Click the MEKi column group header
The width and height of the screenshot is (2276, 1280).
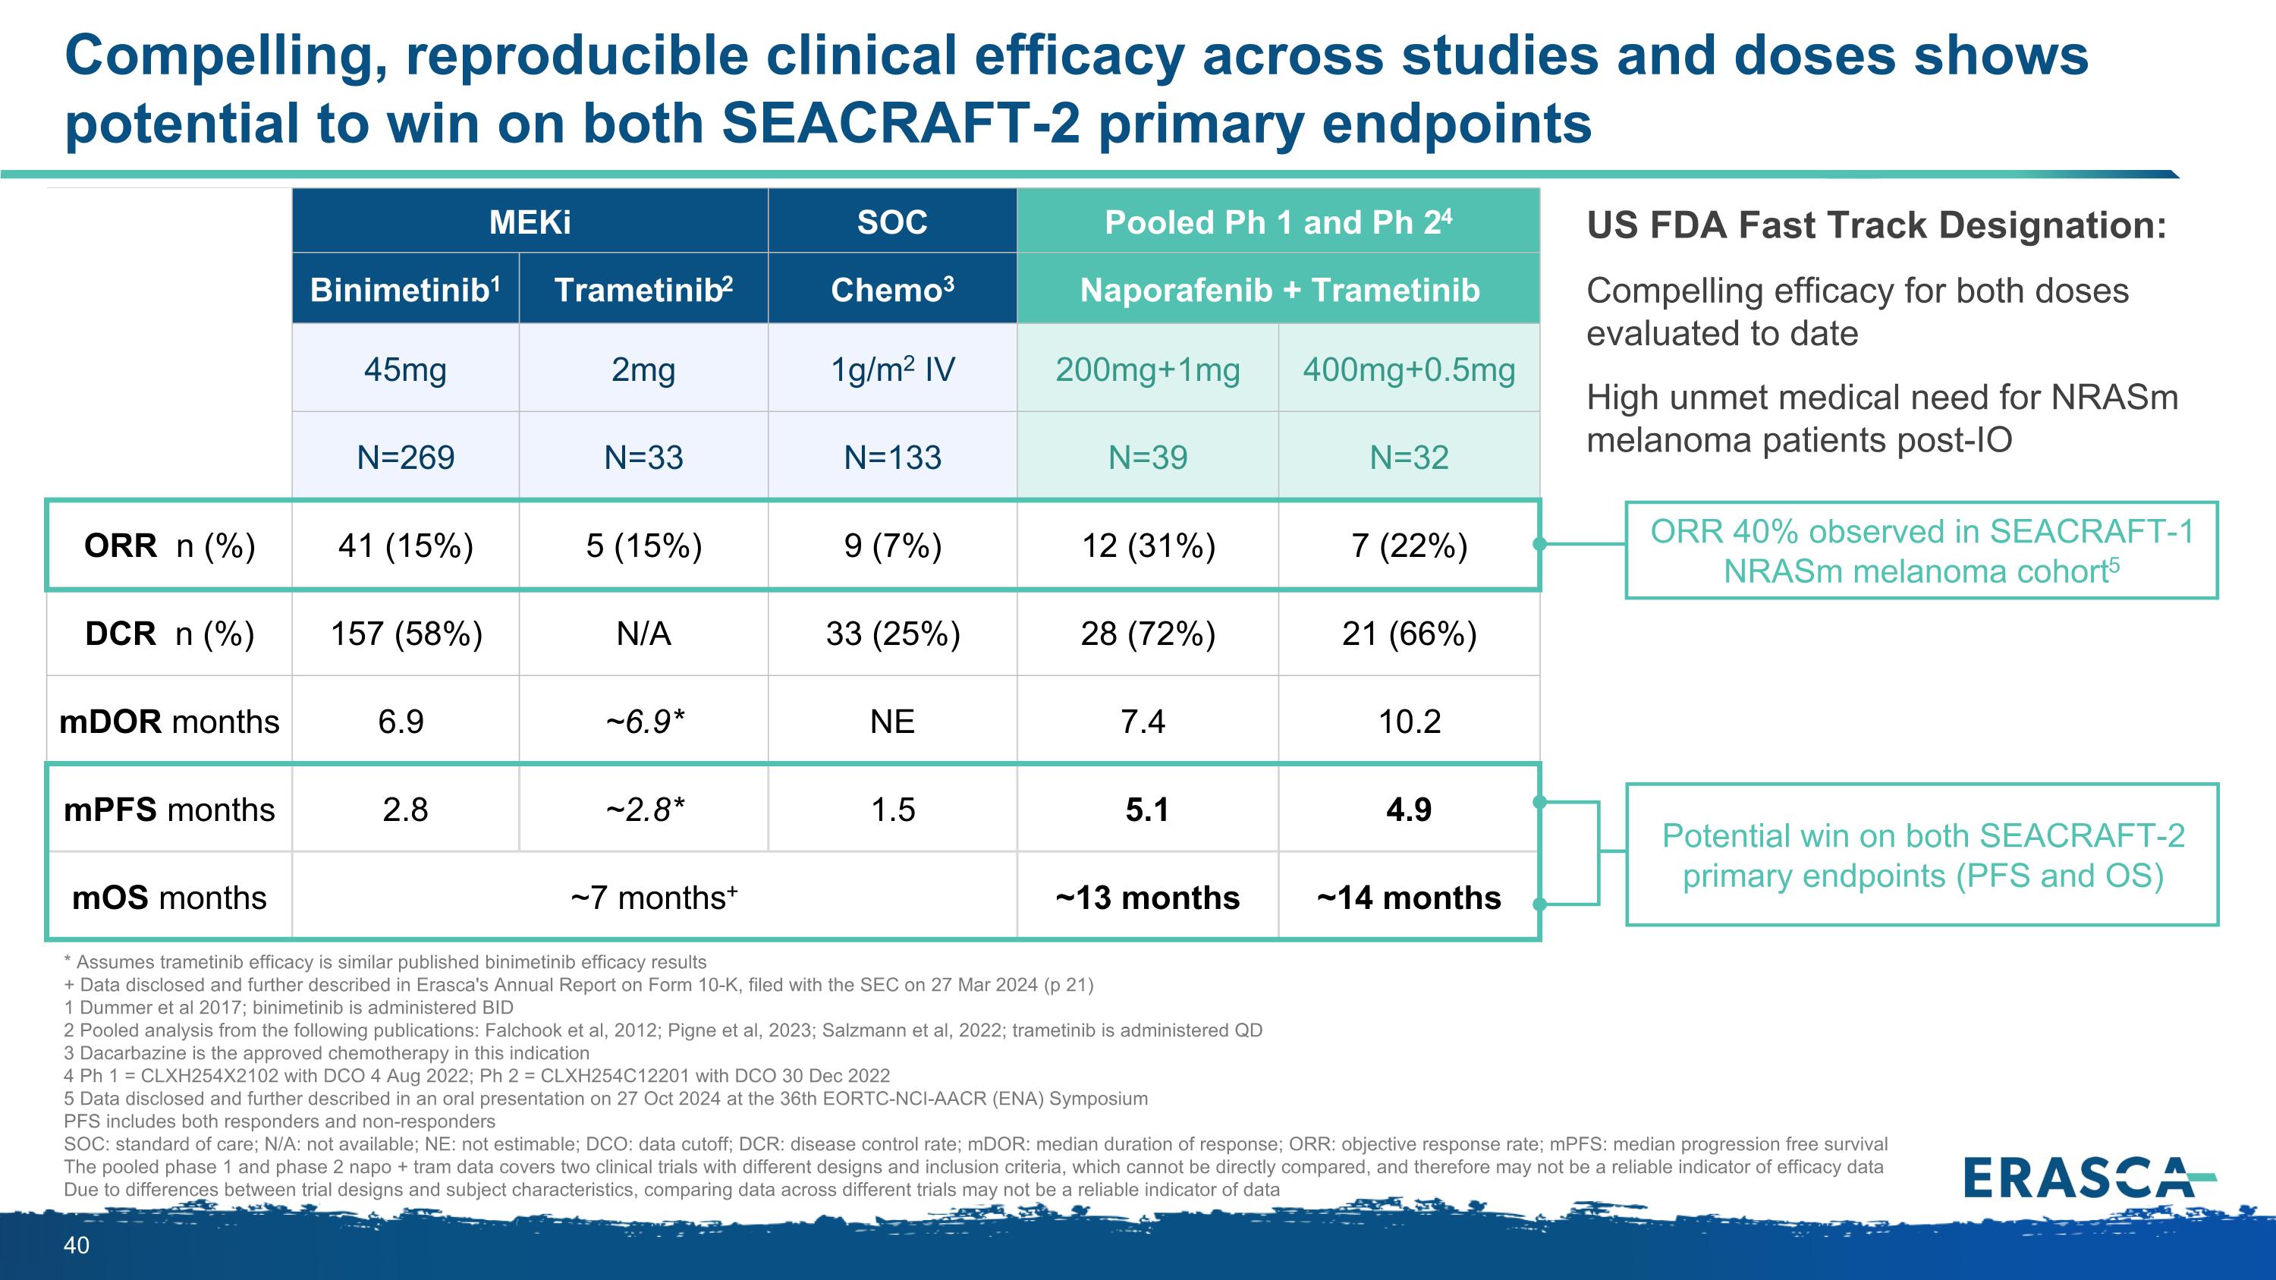(530, 222)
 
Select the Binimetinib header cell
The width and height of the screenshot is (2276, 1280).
(406, 290)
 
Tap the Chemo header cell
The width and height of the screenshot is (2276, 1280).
(892, 290)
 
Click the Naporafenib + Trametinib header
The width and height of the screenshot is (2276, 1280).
(1278, 290)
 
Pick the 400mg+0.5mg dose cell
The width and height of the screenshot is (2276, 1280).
(1408, 370)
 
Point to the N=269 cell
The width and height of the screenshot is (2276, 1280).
(406, 457)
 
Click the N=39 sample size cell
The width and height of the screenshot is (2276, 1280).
(1148, 457)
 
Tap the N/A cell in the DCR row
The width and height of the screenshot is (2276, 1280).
(643, 634)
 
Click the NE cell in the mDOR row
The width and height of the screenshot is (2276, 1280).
(892, 722)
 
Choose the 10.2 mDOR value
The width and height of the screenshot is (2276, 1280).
(1408, 722)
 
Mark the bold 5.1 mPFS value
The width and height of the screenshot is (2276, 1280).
(1147, 809)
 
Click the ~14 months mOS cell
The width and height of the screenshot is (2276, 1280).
(1408, 898)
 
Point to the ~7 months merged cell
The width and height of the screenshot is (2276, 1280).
(654, 898)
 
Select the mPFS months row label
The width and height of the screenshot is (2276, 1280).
(168, 809)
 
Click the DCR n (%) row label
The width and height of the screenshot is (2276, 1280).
(168, 634)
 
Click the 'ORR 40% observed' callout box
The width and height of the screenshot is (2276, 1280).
(1922, 551)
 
